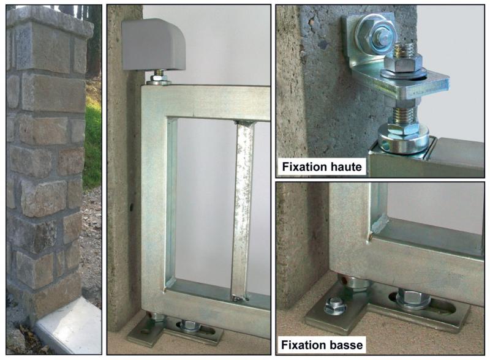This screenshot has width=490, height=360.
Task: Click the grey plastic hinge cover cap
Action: [x=153, y=44]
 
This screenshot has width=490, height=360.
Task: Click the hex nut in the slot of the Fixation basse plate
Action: [x=413, y=301]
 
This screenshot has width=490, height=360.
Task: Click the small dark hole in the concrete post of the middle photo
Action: [x=131, y=206]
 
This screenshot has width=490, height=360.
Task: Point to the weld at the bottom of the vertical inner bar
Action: [x=239, y=298]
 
